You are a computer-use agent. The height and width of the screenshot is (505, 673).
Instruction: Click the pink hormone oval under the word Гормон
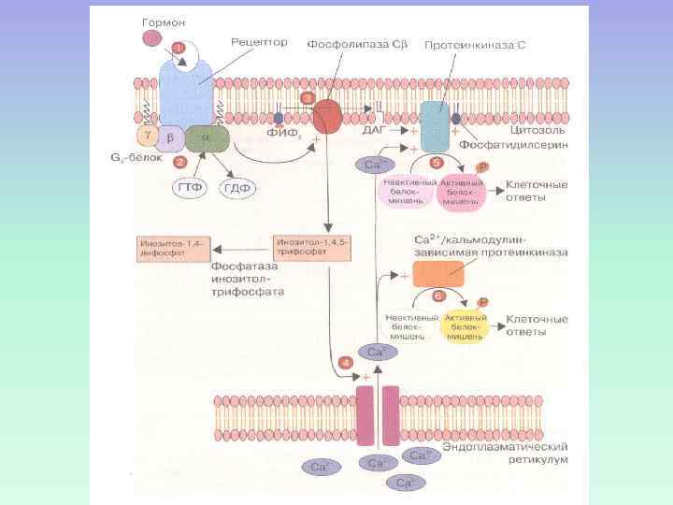point(151,38)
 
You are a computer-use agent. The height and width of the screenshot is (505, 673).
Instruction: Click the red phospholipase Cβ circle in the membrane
point(327,117)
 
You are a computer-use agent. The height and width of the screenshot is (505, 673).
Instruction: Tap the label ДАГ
point(373,132)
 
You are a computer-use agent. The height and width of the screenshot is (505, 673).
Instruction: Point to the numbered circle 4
point(347,362)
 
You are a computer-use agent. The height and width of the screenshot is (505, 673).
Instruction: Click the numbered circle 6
point(438,296)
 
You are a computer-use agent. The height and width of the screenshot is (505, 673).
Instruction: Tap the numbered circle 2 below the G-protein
point(181,161)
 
